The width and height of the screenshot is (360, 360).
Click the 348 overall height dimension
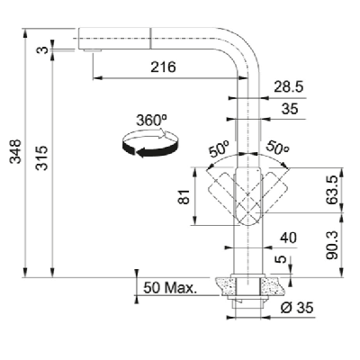15,151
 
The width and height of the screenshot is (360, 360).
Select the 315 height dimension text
41,158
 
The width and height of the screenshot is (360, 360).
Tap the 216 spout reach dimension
163,67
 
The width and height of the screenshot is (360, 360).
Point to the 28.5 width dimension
289,87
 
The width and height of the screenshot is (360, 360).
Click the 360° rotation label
151,121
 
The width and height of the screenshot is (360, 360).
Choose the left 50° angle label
219,150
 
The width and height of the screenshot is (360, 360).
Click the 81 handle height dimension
184,196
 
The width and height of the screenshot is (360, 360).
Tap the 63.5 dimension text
333,191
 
